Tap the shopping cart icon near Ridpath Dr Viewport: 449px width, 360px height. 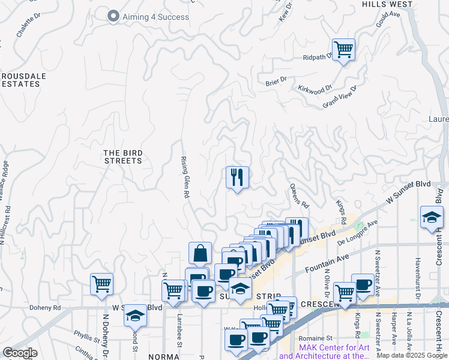point(343,49)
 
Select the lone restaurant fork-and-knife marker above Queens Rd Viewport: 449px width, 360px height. point(237,178)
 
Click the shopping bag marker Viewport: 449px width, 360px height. point(200,254)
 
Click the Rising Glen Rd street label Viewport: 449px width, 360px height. point(185,178)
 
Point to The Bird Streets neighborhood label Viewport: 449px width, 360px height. point(123,157)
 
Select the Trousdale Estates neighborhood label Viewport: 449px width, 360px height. point(20,80)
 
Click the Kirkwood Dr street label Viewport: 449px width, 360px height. point(315,89)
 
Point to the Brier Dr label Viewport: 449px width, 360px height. point(276,80)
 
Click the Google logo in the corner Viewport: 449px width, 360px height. point(20,353)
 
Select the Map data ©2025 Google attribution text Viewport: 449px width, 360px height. point(411,355)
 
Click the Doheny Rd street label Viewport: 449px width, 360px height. point(46,308)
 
